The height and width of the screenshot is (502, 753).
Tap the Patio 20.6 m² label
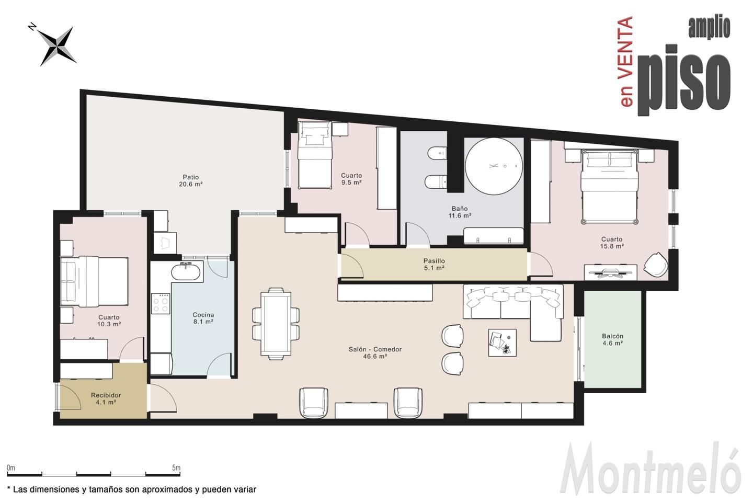point(190,180)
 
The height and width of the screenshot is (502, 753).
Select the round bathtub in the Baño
point(494,166)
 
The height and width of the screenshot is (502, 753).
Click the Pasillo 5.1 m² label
point(434,264)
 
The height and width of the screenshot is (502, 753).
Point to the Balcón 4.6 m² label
point(612,339)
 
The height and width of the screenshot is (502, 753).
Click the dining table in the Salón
point(276,324)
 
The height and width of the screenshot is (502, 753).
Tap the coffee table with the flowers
point(502,343)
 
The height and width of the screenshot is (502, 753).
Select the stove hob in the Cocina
point(161,304)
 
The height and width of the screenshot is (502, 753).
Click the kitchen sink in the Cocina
point(186,272)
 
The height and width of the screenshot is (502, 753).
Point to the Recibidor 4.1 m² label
point(106,399)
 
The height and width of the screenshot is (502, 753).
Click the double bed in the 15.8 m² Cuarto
point(610,186)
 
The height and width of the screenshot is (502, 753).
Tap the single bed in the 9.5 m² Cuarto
point(315,155)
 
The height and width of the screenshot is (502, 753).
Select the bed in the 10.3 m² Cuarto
point(94,281)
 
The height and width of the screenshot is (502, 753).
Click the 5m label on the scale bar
point(176,467)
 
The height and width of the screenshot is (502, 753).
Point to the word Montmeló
point(650,469)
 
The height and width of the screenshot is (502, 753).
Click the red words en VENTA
point(625,62)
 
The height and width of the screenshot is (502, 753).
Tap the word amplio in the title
point(709,28)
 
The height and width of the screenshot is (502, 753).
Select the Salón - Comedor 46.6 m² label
point(375,353)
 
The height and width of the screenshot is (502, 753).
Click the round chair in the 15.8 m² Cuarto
point(656,265)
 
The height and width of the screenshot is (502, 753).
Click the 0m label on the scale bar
point(11,467)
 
